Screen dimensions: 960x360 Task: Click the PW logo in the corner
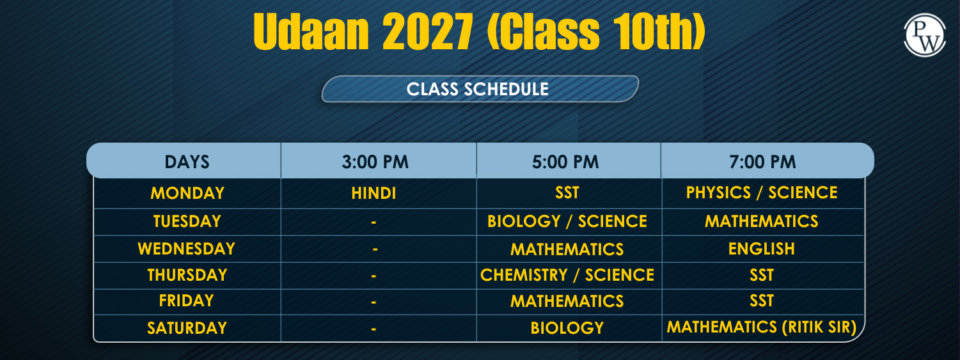[x=924, y=35]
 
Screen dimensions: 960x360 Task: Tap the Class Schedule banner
[x=480, y=89]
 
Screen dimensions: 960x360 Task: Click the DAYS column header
[x=187, y=162]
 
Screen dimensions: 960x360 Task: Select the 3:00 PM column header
[x=375, y=162]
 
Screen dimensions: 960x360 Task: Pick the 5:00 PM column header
[x=565, y=162]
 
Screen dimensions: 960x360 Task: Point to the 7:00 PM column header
[x=762, y=162]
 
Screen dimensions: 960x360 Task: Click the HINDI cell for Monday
[x=374, y=193]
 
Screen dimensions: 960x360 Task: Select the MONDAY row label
[x=187, y=193]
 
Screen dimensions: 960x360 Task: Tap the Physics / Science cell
[x=762, y=193]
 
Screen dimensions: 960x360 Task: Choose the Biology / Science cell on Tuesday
[x=567, y=222]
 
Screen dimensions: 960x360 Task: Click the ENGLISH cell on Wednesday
[x=762, y=249]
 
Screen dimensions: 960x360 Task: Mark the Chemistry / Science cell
[x=567, y=275]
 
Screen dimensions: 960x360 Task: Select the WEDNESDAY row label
[x=186, y=249]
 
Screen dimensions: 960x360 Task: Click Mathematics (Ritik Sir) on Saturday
[x=762, y=327]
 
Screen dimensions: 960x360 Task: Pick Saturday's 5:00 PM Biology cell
[x=567, y=328]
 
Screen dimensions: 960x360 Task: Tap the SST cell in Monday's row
[x=567, y=193]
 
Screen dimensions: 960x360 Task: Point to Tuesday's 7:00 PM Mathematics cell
[x=762, y=222]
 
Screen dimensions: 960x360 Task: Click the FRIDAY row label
[x=186, y=301]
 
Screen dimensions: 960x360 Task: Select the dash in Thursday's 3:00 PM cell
[x=374, y=276]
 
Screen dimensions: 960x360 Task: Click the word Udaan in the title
[x=311, y=32]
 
